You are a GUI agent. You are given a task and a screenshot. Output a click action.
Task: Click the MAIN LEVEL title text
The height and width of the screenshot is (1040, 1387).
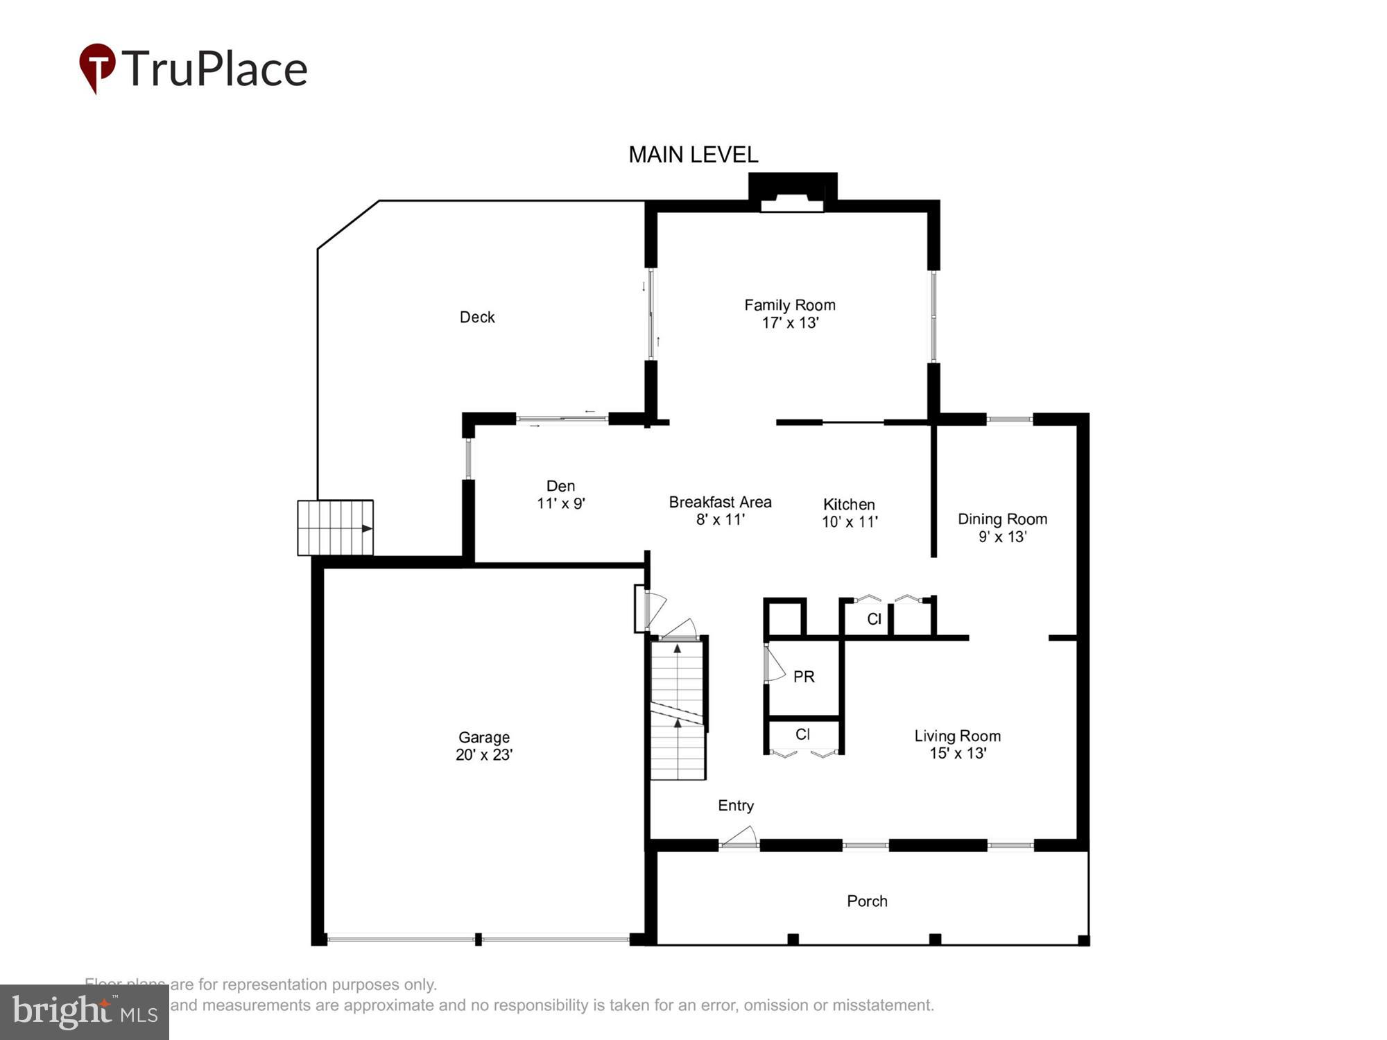pos(693,155)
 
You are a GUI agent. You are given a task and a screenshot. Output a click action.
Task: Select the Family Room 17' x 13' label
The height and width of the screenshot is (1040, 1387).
pos(789,313)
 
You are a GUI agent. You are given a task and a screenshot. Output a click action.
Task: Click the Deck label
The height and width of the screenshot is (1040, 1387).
pos(477,318)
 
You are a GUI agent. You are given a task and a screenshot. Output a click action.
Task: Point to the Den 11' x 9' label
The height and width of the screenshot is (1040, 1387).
pos(560,494)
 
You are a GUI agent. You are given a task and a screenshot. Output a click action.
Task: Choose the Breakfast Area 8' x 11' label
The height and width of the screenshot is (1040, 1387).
pos(720,510)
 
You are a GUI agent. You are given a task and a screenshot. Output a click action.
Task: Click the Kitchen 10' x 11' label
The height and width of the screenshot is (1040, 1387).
pos(849,513)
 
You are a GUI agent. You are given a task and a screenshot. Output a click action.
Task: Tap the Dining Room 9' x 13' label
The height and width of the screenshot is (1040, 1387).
pos(1001,528)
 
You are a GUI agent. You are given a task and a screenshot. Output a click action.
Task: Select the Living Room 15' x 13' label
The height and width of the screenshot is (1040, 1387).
pos(957,744)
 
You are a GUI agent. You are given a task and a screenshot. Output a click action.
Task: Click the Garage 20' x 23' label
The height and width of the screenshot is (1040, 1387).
pos(483,746)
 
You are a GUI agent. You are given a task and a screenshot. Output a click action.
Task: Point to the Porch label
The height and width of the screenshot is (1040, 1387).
pos(867,901)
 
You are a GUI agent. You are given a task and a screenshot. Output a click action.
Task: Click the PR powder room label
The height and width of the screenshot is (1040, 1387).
pos(804,677)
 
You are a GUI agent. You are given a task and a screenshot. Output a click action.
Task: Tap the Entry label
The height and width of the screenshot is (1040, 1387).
pos(735,806)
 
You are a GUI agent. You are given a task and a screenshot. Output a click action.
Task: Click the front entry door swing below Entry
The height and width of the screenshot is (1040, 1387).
pos(740,837)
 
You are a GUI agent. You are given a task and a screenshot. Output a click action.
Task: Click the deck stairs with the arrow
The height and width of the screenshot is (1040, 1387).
pos(336,528)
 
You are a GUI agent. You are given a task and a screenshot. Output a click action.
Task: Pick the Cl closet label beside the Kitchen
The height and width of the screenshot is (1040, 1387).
pos(874,618)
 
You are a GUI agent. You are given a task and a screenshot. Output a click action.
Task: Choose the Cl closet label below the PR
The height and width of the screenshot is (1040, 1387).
pos(802,734)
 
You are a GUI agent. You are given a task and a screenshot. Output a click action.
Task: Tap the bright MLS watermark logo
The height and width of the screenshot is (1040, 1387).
pos(85,1012)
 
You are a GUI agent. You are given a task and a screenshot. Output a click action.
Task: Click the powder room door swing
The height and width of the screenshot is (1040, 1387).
pos(774,664)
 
